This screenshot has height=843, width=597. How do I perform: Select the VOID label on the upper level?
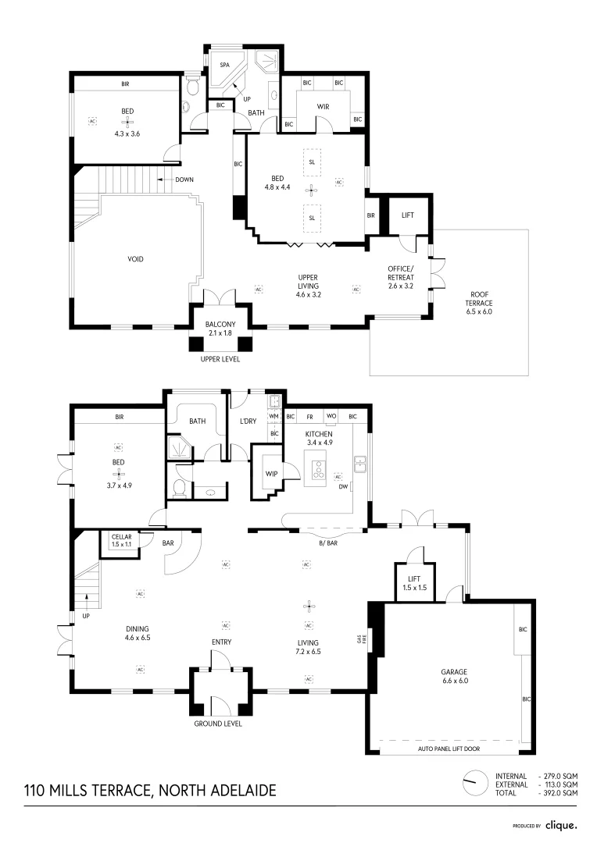(x=135, y=259)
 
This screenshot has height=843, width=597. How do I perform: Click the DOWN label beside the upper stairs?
(x=184, y=180)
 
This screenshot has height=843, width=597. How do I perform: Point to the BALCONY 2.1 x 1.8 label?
(x=220, y=329)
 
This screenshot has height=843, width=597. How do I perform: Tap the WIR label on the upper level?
(x=323, y=105)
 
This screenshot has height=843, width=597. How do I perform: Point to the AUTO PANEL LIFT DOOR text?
(x=449, y=749)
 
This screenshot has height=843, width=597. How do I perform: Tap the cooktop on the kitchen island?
(x=320, y=468)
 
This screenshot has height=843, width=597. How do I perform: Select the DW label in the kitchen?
(x=342, y=487)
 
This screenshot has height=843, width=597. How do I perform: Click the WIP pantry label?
(x=272, y=473)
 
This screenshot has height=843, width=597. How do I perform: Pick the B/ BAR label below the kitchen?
(x=328, y=542)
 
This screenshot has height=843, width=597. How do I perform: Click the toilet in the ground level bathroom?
(x=179, y=489)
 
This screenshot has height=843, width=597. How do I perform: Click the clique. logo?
(x=561, y=825)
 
